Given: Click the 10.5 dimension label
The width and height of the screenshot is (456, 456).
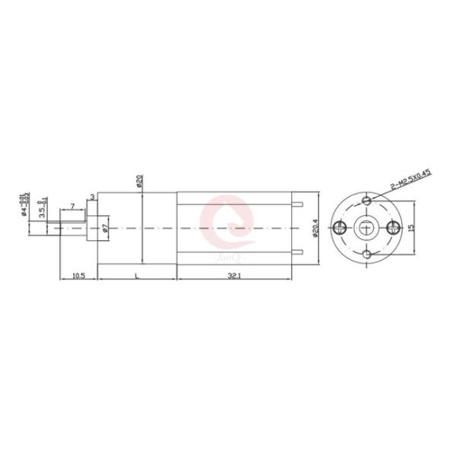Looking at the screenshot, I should pos(78,275).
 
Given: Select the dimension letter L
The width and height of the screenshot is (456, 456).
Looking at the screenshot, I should pos(136,275).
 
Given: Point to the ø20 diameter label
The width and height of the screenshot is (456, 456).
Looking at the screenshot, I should pos(140,182).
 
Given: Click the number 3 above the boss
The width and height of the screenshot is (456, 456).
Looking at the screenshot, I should pos(92,198).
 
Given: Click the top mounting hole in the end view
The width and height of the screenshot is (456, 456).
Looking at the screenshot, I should pos(366,201).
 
